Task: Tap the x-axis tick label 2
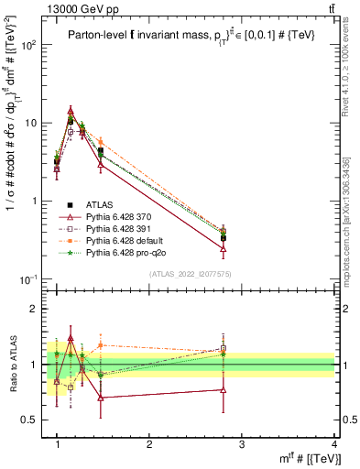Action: (149, 445)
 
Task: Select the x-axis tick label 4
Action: (333, 445)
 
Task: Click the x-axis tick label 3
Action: (242, 445)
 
